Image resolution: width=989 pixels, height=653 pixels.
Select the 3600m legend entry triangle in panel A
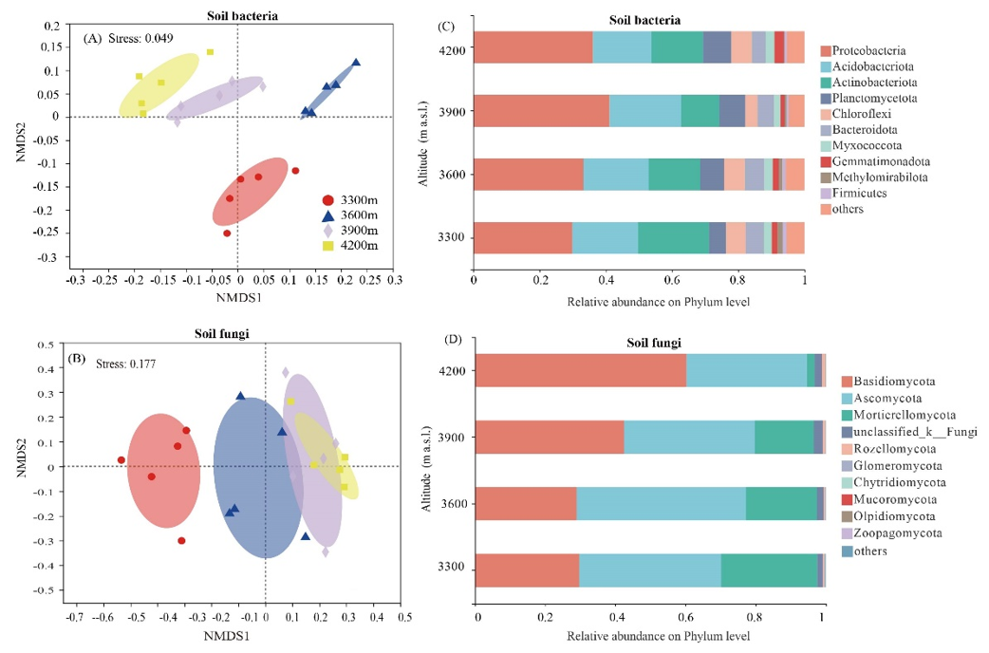(x=328, y=215)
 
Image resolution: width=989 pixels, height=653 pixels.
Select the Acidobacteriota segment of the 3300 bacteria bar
(x=605, y=238)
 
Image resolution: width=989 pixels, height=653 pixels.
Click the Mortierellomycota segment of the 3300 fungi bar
(x=769, y=570)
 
